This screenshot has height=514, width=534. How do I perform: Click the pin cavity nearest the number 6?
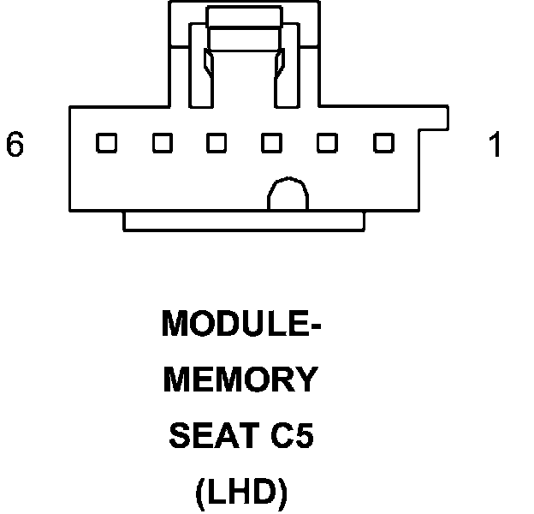click(x=106, y=143)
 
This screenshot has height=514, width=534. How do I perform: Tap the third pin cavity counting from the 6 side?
click(x=217, y=143)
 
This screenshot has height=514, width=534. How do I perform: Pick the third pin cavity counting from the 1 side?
click(x=272, y=143)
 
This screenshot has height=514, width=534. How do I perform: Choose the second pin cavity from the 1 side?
click(x=327, y=143)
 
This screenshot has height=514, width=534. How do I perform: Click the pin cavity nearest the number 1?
click(x=383, y=143)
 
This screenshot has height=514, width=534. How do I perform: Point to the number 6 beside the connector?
click(x=15, y=146)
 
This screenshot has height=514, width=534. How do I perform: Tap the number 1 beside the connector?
click(x=494, y=146)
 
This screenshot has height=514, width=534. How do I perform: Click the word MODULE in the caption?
click(x=230, y=325)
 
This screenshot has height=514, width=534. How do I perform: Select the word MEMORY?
click(x=240, y=380)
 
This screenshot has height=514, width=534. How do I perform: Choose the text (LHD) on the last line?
click(x=240, y=493)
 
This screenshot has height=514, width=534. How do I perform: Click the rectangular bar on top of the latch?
click(x=245, y=16)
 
